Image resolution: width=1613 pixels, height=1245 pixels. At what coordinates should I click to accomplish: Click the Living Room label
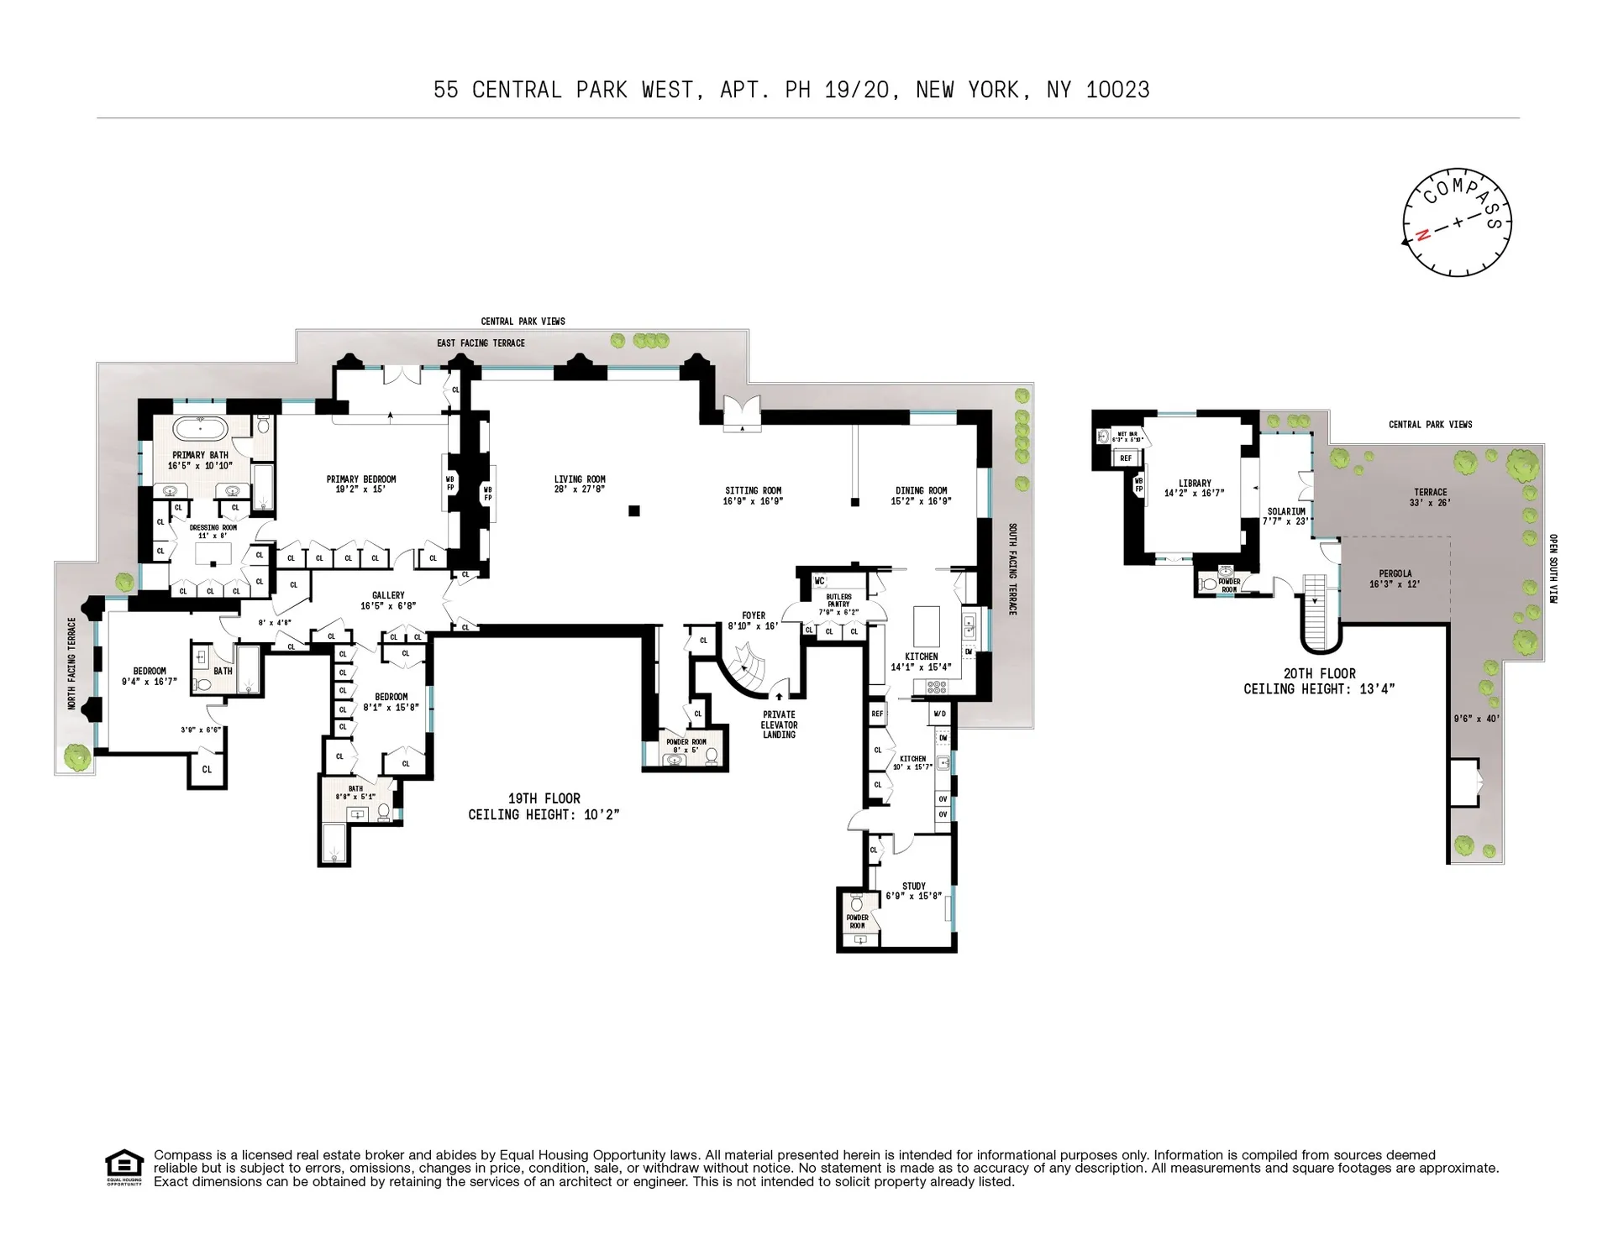click(580, 479)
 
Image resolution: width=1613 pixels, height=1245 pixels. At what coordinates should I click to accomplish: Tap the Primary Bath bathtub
click(200, 429)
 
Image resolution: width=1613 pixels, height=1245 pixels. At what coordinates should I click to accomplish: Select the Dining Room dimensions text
click(921, 501)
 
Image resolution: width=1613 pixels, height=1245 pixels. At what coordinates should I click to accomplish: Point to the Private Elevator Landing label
click(779, 725)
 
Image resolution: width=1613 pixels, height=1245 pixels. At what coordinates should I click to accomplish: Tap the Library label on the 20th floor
click(1195, 484)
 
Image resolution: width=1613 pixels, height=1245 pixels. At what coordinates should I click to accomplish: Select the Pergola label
click(1395, 574)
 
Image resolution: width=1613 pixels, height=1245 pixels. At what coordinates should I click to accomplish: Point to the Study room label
click(914, 886)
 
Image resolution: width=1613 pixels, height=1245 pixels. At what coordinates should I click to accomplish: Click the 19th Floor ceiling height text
click(544, 814)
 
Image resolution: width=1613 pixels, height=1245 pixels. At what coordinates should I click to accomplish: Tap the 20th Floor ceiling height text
click(1319, 688)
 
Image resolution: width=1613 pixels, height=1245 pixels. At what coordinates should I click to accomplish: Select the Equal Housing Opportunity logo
click(124, 1167)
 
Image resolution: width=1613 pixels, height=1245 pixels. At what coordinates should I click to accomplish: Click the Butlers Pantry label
click(838, 600)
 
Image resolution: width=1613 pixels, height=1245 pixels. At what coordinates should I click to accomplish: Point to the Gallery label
click(388, 595)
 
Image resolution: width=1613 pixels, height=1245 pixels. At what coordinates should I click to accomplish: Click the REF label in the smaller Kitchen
click(877, 714)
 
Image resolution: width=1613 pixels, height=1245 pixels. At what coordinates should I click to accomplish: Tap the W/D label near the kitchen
click(940, 714)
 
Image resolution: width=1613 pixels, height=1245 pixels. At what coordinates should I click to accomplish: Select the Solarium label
click(1286, 511)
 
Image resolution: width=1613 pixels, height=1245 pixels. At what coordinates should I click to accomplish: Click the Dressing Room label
click(213, 528)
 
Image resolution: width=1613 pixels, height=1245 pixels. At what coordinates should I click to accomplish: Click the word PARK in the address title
click(602, 90)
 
